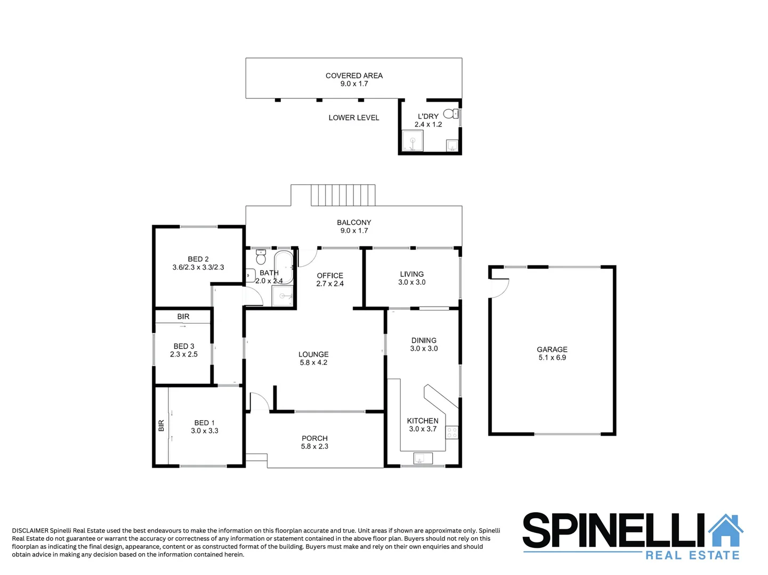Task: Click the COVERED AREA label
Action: pyautogui.click(x=354, y=76)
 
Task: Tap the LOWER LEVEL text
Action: pyautogui.click(x=354, y=118)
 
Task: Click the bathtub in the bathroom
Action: pyautogui.click(x=283, y=267)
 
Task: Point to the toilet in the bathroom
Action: pyautogui.click(x=261, y=257)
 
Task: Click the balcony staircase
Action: pyautogui.click(x=343, y=195)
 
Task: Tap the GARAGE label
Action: pyautogui.click(x=552, y=349)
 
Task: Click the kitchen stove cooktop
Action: pyautogui.click(x=452, y=432)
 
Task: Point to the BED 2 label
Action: pyautogui.click(x=198, y=259)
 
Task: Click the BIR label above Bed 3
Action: pyautogui.click(x=183, y=317)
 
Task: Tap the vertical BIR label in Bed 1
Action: pyautogui.click(x=161, y=426)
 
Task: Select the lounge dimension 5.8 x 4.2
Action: pyautogui.click(x=313, y=363)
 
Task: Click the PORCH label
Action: pyautogui.click(x=314, y=438)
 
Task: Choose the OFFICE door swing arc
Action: pyautogui.click(x=308, y=258)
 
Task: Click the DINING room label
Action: pyautogui.click(x=424, y=340)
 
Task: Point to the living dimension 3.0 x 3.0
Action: pyautogui.click(x=412, y=282)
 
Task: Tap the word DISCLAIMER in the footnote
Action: pyautogui.click(x=30, y=530)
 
